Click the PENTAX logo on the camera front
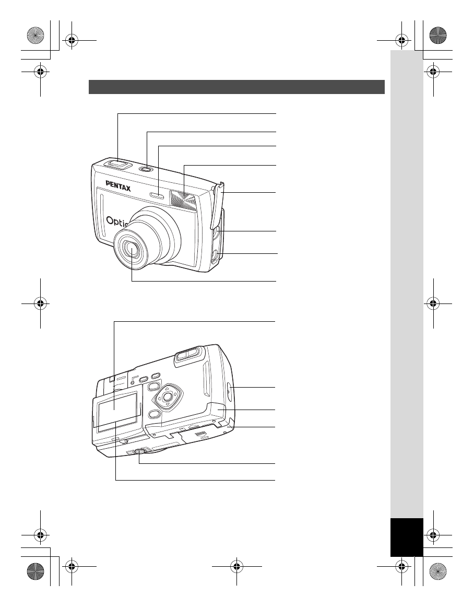118,186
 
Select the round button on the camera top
148,168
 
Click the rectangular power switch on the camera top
118,164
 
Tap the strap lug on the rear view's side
230,388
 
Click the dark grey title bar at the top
236,87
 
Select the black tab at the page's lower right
406,537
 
